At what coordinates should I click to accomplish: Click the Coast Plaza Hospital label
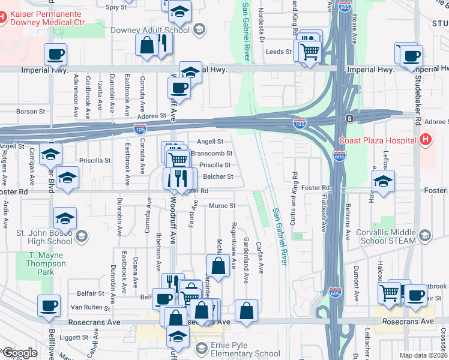click(x=378, y=140)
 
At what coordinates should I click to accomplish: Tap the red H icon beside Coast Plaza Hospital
click(x=426, y=140)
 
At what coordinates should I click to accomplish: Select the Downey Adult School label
click(x=150, y=29)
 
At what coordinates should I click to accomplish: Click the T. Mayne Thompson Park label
click(x=46, y=263)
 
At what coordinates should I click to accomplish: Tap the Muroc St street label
click(x=221, y=206)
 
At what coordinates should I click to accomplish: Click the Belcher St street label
click(x=218, y=176)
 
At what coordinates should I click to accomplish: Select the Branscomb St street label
click(x=211, y=153)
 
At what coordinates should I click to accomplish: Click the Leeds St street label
click(x=279, y=52)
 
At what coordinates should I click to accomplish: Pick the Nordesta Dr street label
click(x=261, y=20)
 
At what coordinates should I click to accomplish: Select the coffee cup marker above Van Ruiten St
click(x=49, y=305)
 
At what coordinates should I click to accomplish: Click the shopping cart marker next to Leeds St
click(x=309, y=52)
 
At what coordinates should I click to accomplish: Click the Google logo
click(x=20, y=353)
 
